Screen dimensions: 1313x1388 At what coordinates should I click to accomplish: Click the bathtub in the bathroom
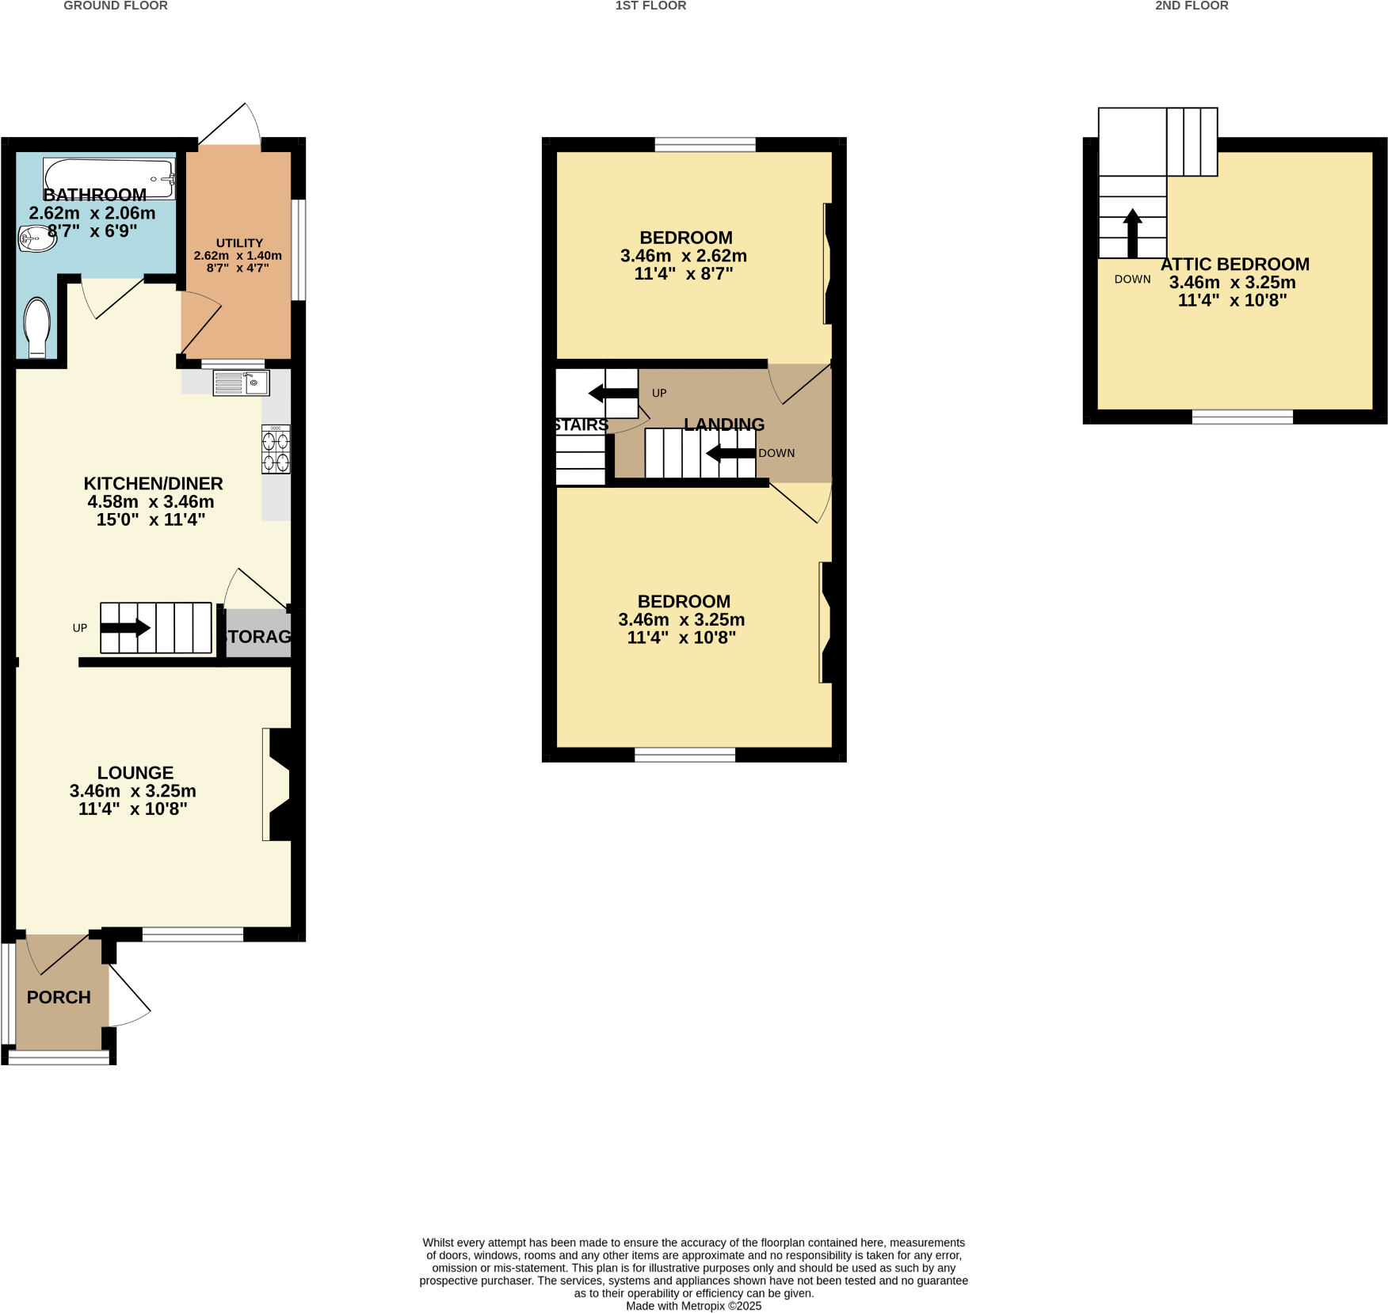pos(109,176)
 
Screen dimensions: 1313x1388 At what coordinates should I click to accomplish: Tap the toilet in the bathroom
pos(37,327)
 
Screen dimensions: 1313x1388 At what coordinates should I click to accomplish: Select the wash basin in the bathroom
pos(36,238)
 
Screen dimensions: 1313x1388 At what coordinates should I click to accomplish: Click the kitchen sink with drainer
pos(241,383)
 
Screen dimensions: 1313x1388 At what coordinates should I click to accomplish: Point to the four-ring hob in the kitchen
pos(276,450)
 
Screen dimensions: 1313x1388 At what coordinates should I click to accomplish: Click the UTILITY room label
pos(239,243)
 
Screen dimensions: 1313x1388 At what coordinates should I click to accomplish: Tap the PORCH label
pos(59,997)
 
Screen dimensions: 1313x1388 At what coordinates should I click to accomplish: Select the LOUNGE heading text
pos(135,772)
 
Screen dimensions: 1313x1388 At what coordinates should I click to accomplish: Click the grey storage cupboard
pos(258,634)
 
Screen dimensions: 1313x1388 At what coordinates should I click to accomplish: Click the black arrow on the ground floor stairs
pos(125,628)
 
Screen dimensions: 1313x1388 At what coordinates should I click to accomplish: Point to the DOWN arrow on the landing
pos(730,453)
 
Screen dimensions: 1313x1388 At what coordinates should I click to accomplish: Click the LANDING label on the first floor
pos(724,424)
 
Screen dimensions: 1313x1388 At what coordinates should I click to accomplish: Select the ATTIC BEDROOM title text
pos(1234,265)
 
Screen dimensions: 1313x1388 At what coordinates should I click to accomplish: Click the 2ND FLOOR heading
pos(1191,6)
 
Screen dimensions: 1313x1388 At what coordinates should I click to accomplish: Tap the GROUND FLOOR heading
pos(116,6)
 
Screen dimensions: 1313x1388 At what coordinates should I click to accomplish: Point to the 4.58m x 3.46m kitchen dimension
pos(151,501)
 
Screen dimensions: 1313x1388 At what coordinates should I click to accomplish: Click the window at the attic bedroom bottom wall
pos(1241,417)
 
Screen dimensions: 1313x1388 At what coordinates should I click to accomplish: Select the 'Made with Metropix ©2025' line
pos(693,1306)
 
